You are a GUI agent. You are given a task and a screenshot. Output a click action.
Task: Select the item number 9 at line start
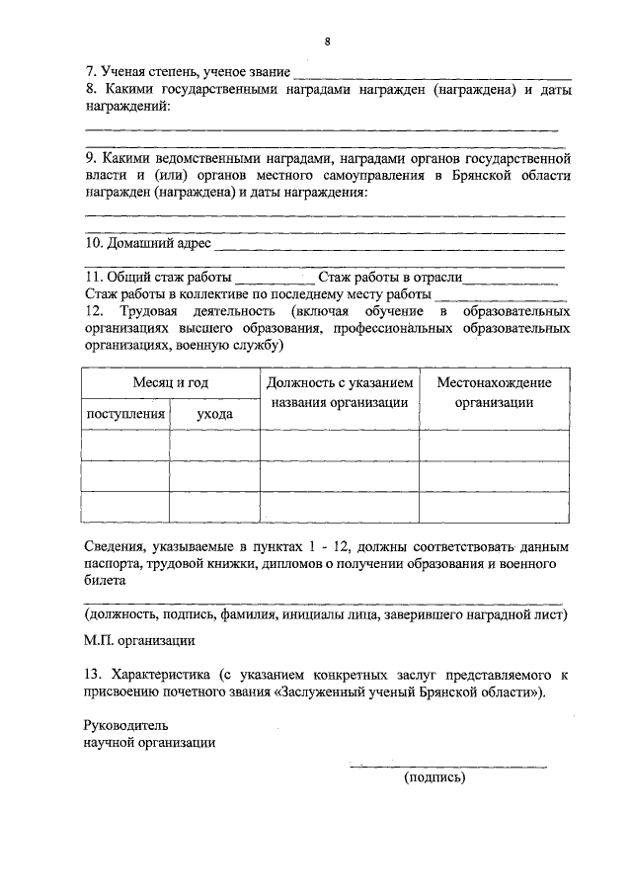pyautogui.click(x=90, y=157)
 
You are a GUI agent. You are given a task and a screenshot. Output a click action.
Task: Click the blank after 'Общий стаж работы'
pyautogui.click(x=276, y=281)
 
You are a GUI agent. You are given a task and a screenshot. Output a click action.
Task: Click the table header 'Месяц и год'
pyautogui.click(x=170, y=383)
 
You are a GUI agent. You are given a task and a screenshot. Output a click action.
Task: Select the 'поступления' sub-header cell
pyautogui.click(x=125, y=414)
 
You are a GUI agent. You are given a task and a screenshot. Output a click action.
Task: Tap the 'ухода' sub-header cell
pyautogui.click(x=214, y=414)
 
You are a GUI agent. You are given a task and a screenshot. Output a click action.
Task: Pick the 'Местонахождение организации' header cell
pyautogui.click(x=494, y=393)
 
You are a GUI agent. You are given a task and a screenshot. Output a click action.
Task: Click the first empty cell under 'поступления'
pyautogui.click(x=125, y=446)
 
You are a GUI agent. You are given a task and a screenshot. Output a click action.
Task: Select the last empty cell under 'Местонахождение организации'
pyautogui.click(x=494, y=507)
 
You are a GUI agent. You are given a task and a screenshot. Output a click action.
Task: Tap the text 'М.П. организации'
pyautogui.click(x=138, y=640)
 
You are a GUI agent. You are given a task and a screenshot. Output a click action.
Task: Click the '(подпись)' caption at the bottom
pyautogui.click(x=434, y=777)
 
